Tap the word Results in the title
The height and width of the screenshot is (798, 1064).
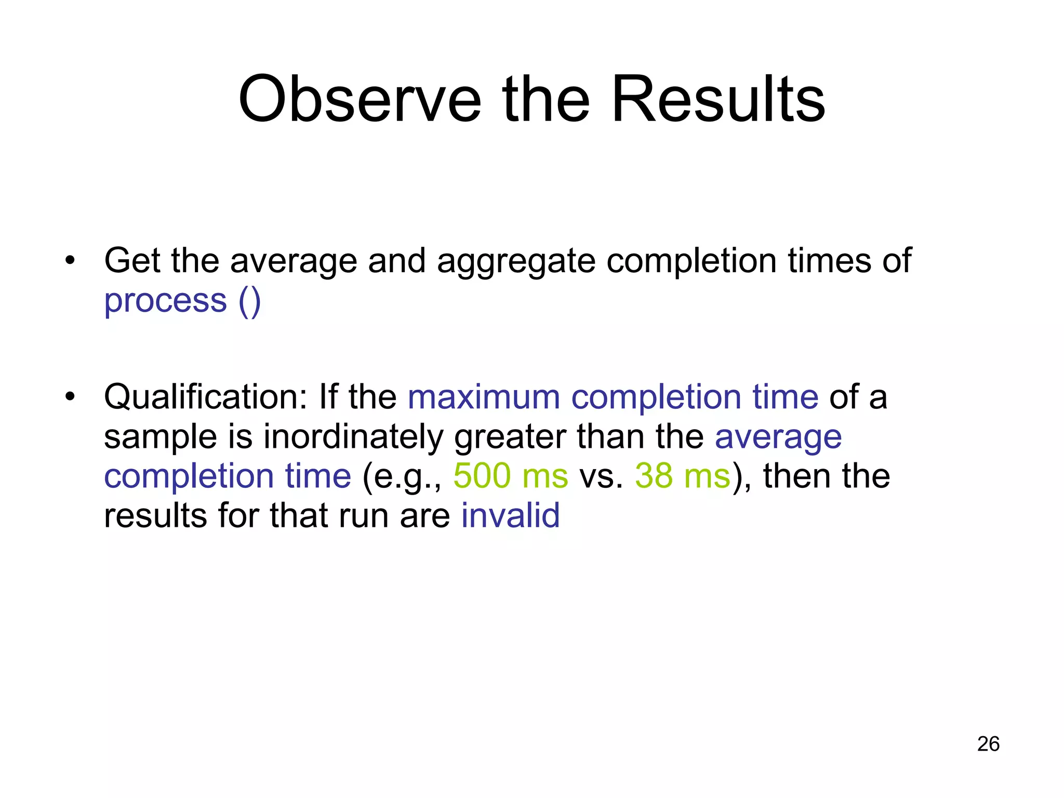718,99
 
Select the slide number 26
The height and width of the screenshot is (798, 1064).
988,744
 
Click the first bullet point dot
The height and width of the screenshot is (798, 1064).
70,260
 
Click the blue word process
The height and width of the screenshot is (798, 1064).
166,301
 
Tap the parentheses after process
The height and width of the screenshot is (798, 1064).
250,301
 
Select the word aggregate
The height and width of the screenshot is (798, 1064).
516,261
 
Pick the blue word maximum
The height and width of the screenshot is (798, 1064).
484,397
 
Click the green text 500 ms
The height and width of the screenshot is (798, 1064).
511,476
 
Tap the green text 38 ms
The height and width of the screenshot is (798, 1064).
683,476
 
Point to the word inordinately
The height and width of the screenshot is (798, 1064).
353,437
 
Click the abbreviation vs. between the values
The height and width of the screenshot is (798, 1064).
601,476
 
